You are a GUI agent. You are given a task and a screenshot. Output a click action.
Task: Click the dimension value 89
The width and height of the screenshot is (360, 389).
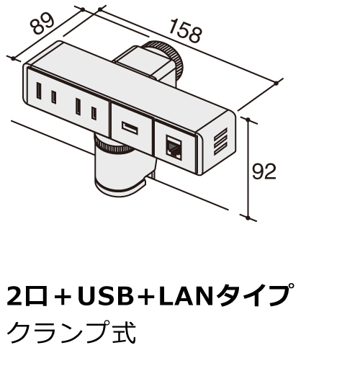point(42,23)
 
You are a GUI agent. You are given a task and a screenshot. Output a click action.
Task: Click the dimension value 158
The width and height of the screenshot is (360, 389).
point(186,31)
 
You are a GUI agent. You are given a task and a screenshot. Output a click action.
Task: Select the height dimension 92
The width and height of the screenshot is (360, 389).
point(264,171)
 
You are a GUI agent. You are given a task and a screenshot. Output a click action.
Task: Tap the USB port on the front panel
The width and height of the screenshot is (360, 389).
point(130,128)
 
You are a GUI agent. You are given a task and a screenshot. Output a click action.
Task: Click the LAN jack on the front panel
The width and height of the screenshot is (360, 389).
point(174,148)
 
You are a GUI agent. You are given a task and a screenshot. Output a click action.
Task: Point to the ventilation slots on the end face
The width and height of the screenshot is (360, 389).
point(220,141)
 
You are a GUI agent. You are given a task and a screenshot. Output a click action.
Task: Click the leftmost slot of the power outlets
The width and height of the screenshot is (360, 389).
point(39,91)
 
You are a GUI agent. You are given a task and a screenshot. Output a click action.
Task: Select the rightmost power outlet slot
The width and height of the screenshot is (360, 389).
point(94,113)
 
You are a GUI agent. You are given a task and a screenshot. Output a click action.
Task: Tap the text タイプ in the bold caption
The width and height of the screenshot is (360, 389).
point(254,296)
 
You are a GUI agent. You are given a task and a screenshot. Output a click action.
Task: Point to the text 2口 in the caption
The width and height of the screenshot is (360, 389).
point(27,296)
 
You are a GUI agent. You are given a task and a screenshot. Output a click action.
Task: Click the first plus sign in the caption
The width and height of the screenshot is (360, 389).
point(62,297)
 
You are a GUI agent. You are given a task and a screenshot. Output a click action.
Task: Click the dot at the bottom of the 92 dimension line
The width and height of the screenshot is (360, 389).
point(248,218)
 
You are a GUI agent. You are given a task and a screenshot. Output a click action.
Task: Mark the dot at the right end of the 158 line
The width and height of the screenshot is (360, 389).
point(276,83)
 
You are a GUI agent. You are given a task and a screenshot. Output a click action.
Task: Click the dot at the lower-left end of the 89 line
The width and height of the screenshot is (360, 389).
point(13,58)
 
